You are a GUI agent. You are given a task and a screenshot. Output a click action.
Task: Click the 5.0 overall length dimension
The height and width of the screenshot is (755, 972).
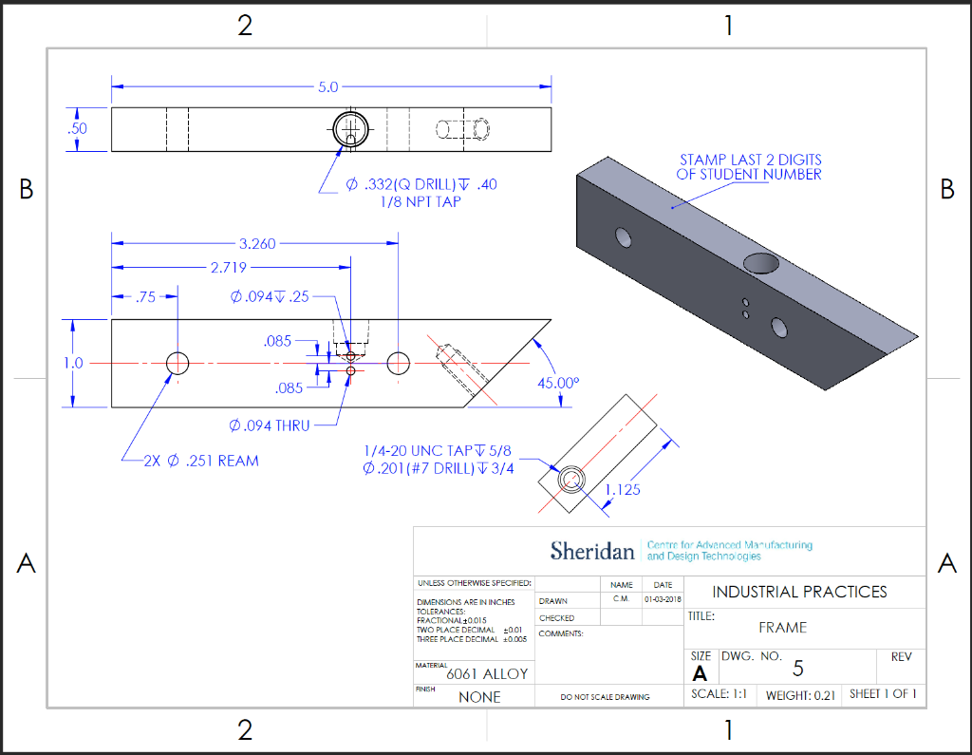click(x=327, y=86)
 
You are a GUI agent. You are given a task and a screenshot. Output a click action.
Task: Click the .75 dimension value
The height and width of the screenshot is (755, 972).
click(x=144, y=297)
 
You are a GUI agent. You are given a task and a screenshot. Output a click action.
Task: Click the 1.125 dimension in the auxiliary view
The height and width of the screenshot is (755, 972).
click(x=622, y=490)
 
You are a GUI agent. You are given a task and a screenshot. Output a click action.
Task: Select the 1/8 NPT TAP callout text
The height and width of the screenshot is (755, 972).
click(x=420, y=201)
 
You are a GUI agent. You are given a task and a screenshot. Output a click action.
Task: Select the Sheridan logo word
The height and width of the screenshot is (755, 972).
click(x=591, y=551)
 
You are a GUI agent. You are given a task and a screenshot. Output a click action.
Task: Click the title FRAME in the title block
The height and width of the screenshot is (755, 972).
click(x=782, y=628)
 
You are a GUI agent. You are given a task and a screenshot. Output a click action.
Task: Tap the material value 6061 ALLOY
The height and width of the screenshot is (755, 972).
click(x=487, y=674)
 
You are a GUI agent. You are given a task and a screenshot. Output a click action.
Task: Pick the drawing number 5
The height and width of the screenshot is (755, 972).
click(x=797, y=669)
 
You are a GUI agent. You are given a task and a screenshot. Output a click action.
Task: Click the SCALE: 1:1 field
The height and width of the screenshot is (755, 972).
click(x=720, y=694)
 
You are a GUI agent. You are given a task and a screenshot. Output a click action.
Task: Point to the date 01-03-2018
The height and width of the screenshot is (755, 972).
click(x=662, y=599)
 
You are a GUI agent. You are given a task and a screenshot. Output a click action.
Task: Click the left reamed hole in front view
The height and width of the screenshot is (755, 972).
click(x=178, y=363)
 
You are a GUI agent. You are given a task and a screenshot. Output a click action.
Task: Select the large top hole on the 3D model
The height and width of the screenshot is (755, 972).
click(x=762, y=262)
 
